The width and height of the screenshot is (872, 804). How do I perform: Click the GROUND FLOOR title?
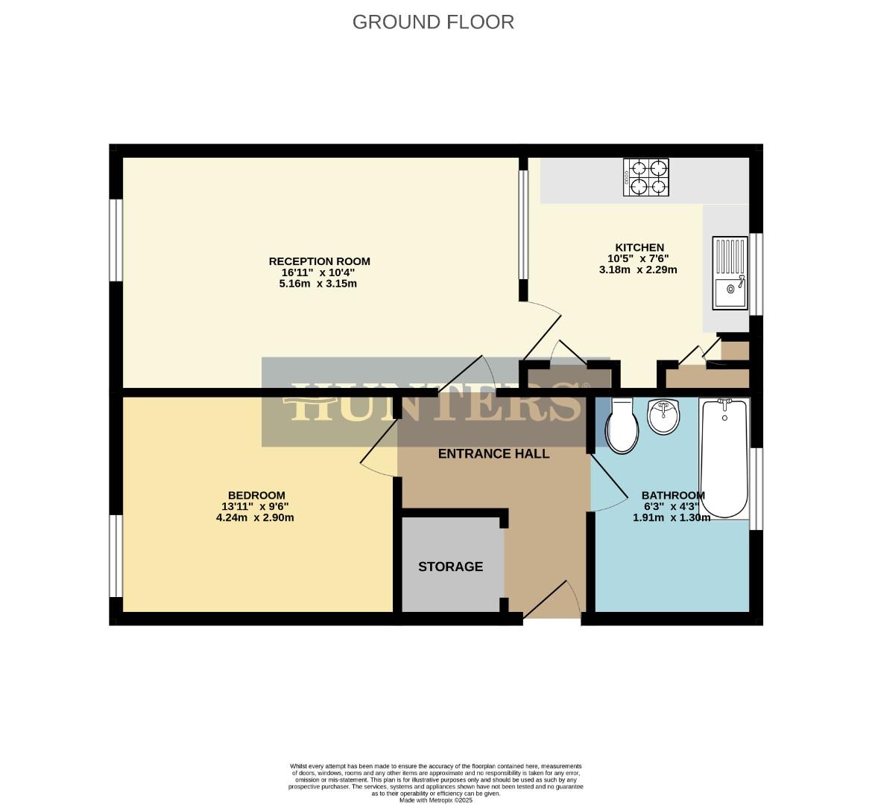pos(433,22)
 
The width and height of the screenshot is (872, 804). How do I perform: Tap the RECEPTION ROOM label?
pos(319,261)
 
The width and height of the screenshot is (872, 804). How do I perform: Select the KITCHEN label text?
pos(639,247)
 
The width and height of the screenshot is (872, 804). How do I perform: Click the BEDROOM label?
pos(256,495)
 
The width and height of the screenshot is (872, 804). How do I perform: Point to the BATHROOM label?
pos(673,495)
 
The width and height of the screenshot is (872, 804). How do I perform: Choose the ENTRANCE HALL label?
pos(493,453)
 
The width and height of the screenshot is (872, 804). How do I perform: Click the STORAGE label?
pos(450,567)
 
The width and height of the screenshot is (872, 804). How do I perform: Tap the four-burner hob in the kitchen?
pos(645,177)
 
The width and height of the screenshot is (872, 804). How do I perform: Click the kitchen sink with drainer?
pos(730,272)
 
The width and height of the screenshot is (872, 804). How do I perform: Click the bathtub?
pos(723,457)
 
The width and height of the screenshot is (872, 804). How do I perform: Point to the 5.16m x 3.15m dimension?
pos(318,284)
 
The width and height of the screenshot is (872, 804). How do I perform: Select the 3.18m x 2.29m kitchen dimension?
pos(638,269)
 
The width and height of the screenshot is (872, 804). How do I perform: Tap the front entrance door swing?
pos(555,599)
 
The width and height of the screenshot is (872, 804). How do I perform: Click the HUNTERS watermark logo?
pos(436,402)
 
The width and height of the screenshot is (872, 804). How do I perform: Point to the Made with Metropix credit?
pos(436,800)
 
